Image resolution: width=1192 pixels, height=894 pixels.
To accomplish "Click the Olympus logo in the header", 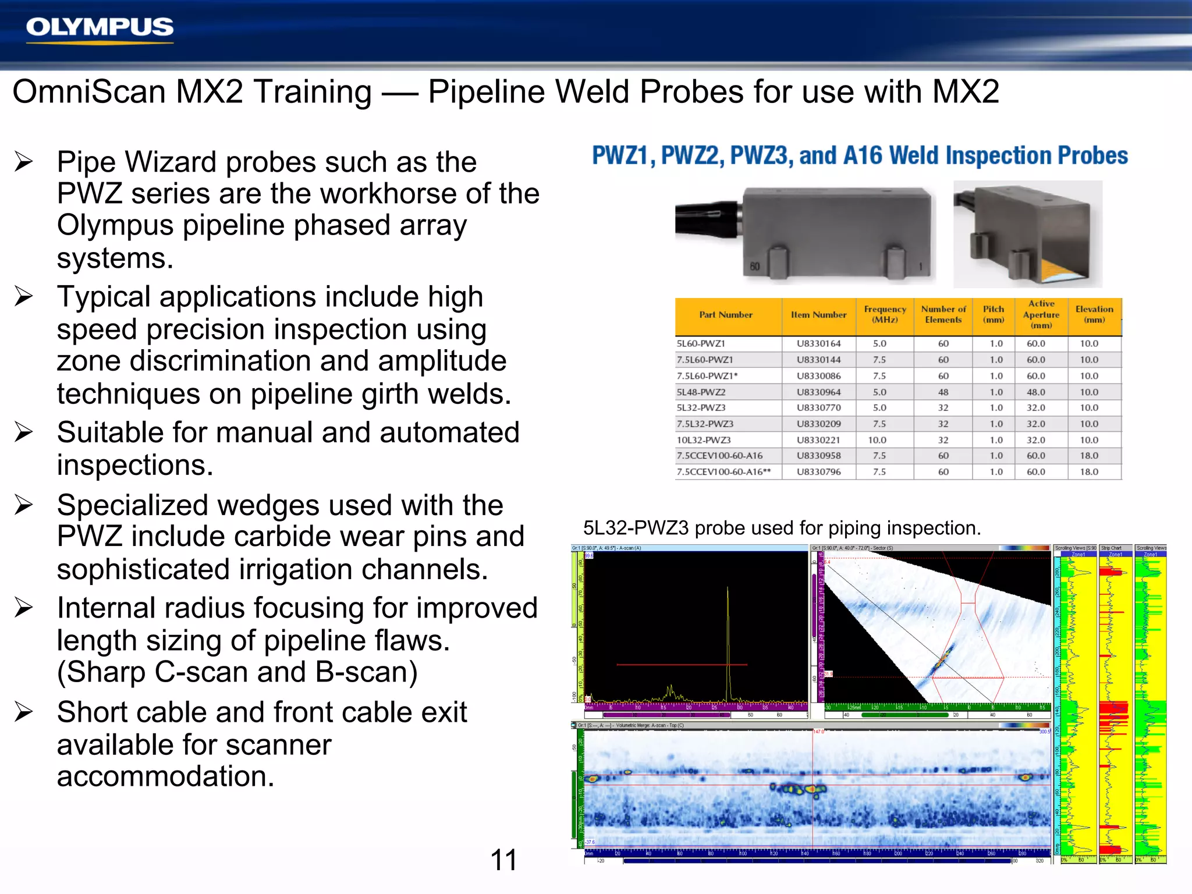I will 100,28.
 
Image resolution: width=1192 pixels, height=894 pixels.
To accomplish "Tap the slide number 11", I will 503,860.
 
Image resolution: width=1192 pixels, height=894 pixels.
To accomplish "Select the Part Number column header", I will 726,315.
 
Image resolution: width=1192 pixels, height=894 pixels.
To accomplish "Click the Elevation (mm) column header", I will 1094,314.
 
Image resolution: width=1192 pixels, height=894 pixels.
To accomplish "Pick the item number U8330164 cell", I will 818,344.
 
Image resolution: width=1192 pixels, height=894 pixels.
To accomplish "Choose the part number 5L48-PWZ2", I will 701,392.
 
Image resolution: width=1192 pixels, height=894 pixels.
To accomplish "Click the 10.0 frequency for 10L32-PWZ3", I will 877,440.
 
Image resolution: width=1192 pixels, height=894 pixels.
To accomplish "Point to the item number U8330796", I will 818,472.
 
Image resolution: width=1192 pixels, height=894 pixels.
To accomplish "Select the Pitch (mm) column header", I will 994,314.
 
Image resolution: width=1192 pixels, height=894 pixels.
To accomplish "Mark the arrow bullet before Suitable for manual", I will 24,432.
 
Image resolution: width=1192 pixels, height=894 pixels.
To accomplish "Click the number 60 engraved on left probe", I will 754,267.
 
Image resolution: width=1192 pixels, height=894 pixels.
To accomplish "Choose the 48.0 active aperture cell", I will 1035,392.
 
